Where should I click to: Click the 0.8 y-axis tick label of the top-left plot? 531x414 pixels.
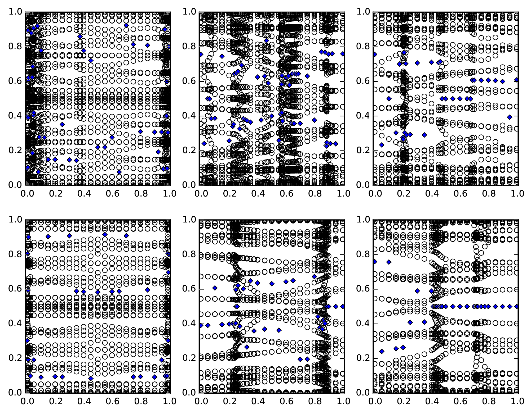(15, 47)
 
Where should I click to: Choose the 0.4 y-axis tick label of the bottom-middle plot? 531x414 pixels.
(189, 324)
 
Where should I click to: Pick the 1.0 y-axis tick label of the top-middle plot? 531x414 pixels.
(189, 12)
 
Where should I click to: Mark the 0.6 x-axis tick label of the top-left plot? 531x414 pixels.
(112, 194)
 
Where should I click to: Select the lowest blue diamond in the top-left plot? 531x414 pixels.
(119, 172)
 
